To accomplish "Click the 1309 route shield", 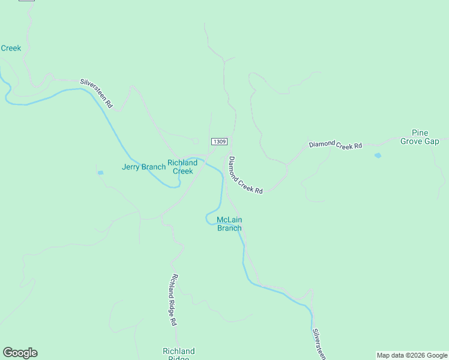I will [219, 142].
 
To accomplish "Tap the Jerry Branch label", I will [143, 167].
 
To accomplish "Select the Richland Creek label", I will [182, 167].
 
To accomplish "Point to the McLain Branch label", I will [229, 224].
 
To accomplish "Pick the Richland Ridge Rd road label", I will [173, 300].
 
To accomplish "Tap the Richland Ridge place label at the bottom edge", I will [178, 354].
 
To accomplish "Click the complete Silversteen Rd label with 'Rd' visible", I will [97, 93].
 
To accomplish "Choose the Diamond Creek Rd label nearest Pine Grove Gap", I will [336, 145].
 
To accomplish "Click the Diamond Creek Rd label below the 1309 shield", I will [246, 175].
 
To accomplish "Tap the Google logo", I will [20, 353].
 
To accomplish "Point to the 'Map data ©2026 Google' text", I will [412, 355].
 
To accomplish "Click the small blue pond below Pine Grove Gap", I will [377, 155].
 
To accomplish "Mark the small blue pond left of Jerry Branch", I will [100, 173].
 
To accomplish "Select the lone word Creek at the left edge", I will [11, 48].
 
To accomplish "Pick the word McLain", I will [229, 220].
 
